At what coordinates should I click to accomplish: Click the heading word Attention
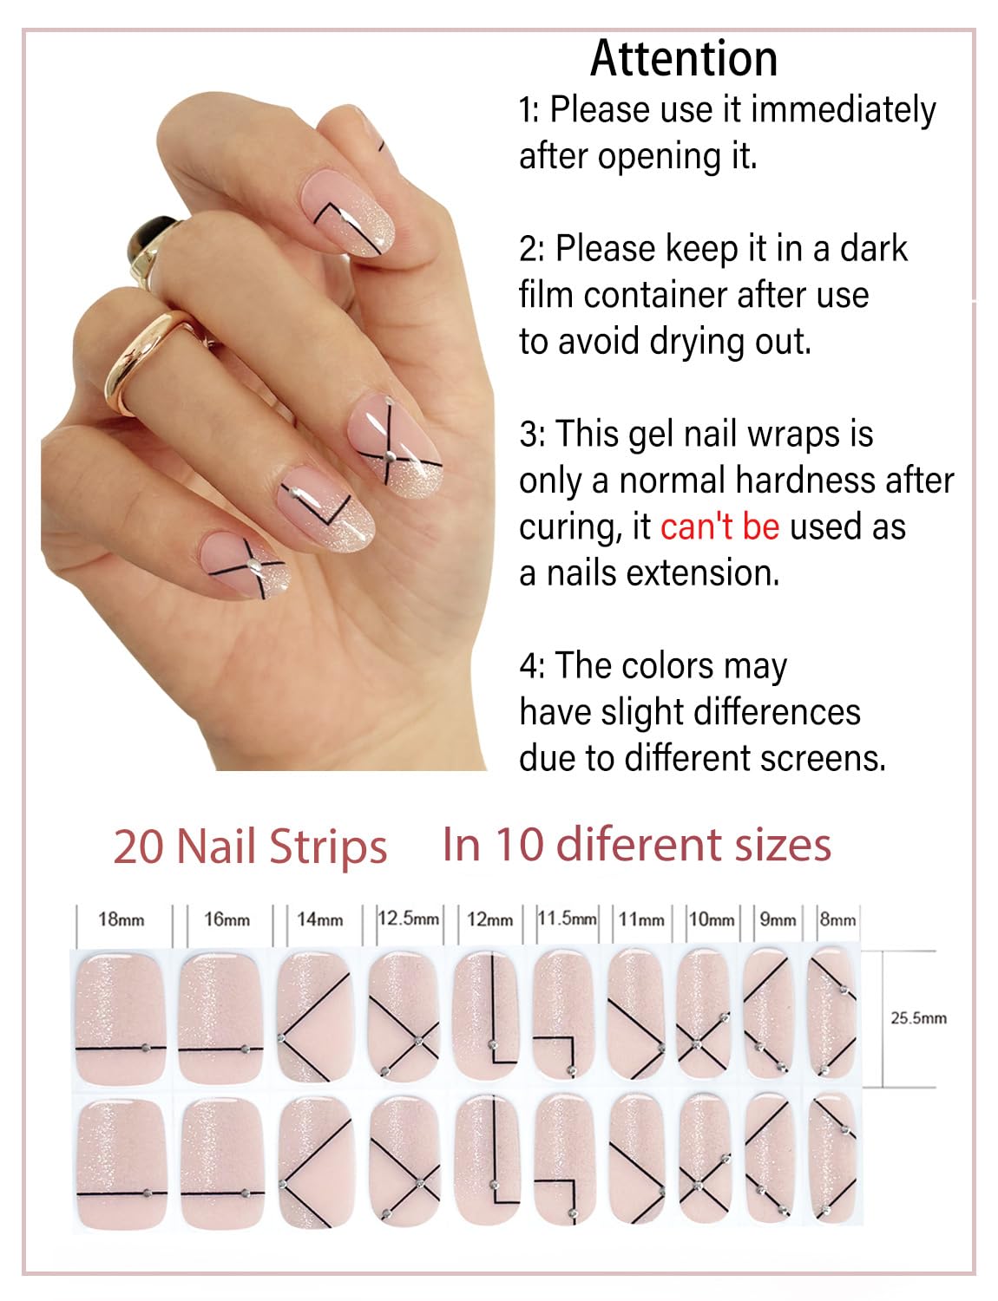pos(684,59)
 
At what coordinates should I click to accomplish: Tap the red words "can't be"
pos(719,527)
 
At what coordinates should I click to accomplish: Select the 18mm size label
pos(121,919)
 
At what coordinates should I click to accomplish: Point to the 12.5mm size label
pos(408,918)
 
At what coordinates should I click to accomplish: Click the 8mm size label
pos(837,919)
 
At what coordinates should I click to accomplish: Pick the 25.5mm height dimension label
pos(918,1018)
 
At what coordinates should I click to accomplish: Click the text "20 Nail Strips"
pos(250,847)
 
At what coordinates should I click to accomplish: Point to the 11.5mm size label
pos(567,918)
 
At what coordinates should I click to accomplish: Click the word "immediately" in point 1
pos(843,110)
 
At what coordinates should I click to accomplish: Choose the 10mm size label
pos(712,919)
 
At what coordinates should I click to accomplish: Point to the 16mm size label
pos(227,919)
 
